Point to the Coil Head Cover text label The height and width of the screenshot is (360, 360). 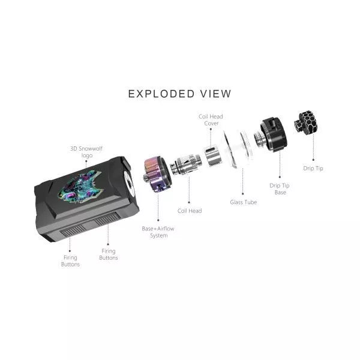(211, 119)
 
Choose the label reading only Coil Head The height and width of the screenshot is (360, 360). (190, 211)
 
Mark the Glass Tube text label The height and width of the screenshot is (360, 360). (244, 202)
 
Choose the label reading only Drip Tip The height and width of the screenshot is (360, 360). (313, 169)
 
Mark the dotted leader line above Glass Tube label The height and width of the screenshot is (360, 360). (242, 180)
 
